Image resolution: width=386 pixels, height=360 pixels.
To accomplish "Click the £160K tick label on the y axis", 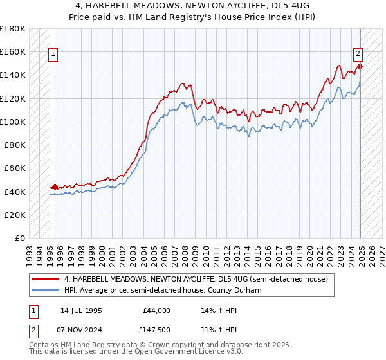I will pyautogui.click(x=13, y=51).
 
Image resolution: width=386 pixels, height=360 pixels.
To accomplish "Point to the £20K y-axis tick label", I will pyautogui.click(x=15, y=215).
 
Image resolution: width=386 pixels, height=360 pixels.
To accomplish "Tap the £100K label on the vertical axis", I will pyautogui.click(x=13, y=122).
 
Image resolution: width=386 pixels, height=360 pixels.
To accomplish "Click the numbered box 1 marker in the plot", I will pyautogui.click(x=52, y=54).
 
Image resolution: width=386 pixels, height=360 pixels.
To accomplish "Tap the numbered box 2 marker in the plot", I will pyautogui.click(x=358, y=54).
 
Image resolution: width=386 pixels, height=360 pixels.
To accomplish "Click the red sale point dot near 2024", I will pyautogui.click(x=360, y=66).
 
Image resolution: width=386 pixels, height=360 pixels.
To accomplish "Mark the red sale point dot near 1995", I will pyautogui.click(x=55, y=186).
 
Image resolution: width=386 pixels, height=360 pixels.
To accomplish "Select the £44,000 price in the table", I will pyautogui.click(x=155, y=310).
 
